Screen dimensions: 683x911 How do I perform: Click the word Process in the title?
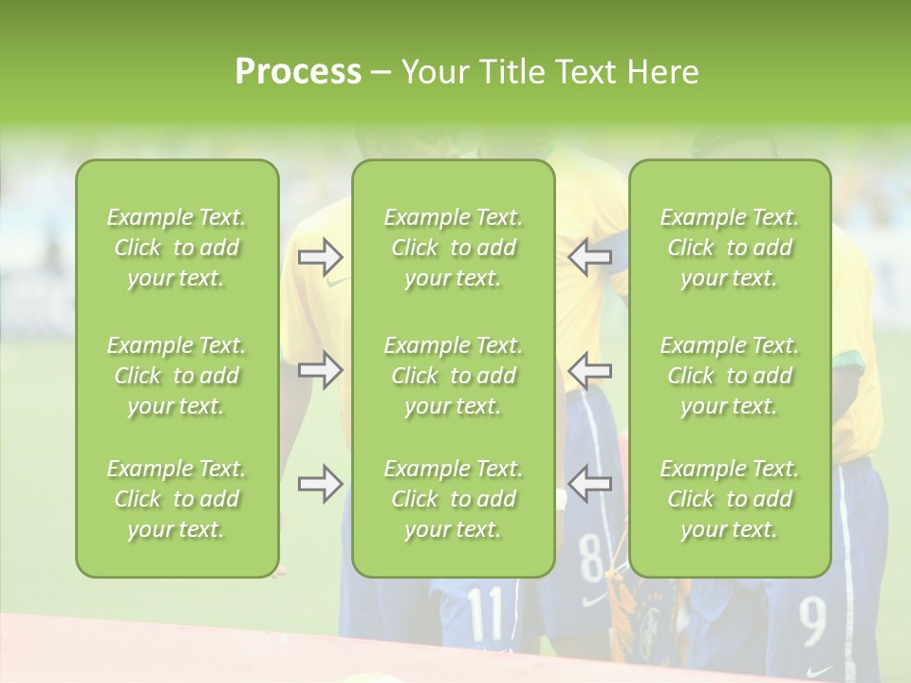[x=298, y=72]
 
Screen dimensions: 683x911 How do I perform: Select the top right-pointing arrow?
[x=320, y=256]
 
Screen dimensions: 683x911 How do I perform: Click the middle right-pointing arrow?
[x=320, y=370]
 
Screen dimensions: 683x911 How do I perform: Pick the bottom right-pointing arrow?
[x=320, y=484]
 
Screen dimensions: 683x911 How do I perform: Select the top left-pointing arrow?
[x=590, y=256]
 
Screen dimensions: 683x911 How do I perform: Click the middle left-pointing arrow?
[x=590, y=370]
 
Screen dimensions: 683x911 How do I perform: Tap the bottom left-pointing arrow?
[x=590, y=484]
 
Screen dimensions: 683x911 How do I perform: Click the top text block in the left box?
[x=177, y=248]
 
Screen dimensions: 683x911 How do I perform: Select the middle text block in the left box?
[x=177, y=376]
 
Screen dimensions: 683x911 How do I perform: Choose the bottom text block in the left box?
[x=177, y=499]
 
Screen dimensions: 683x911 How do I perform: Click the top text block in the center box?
[x=454, y=248]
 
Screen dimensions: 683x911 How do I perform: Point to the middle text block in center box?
[x=454, y=376]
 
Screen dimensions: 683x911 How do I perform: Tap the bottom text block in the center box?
[x=454, y=499]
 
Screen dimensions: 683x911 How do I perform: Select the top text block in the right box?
[x=730, y=248]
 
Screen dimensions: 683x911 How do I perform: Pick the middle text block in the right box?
[x=730, y=376]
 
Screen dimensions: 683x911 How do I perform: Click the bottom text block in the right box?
[x=730, y=499]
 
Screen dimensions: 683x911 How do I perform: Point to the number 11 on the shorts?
[x=486, y=614]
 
